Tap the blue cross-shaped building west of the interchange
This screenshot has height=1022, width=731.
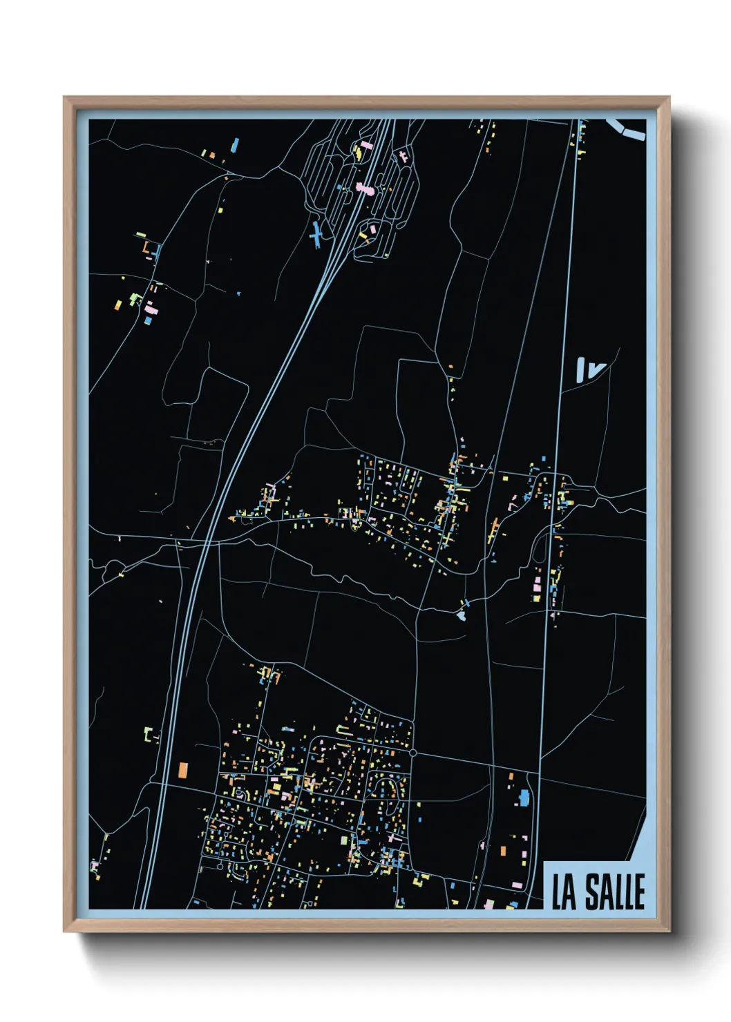pyautogui.click(x=316, y=235)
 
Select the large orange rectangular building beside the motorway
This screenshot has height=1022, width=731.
pyautogui.click(x=183, y=770)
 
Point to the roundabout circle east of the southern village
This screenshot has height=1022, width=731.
pyautogui.click(x=412, y=753)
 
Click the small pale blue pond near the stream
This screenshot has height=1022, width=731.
pyautogui.click(x=462, y=614)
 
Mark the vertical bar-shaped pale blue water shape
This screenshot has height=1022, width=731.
pyautogui.click(x=581, y=369)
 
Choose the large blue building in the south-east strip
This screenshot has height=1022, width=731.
pyautogui.click(x=524, y=798)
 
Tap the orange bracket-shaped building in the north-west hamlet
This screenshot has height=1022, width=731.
pyautogui.click(x=146, y=247)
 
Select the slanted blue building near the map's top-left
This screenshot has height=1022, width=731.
pyautogui.click(x=235, y=145)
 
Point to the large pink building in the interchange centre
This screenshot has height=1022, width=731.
pyautogui.click(x=363, y=188)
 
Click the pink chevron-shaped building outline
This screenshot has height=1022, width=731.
pyautogui.click(x=513, y=503)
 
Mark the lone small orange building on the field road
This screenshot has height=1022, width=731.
pyautogui.click(x=450, y=367)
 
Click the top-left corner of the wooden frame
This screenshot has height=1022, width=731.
pyautogui.click(x=64, y=97)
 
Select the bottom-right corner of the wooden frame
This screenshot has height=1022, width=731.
pyautogui.click(x=669, y=931)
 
